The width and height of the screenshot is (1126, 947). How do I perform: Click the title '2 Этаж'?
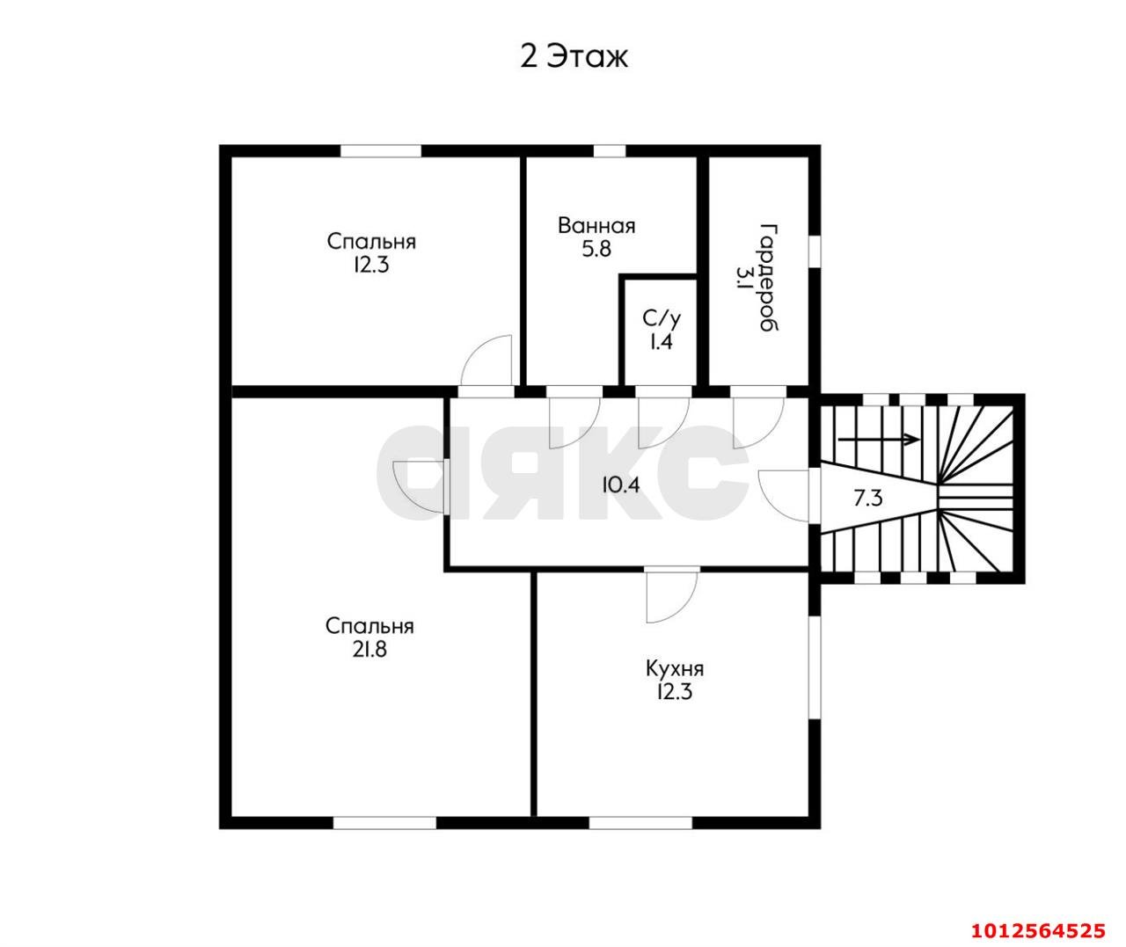[x=574, y=56]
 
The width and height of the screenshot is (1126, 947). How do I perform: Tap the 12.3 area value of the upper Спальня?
[x=371, y=266]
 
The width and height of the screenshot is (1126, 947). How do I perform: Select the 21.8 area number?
[x=370, y=650]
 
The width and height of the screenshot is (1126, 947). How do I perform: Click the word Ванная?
[x=596, y=226]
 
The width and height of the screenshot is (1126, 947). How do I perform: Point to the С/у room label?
[x=662, y=318]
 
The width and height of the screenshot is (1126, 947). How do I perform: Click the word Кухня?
[x=675, y=669]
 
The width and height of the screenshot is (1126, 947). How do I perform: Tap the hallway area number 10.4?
[x=621, y=485]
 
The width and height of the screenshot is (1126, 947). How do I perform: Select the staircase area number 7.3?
[x=868, y=499]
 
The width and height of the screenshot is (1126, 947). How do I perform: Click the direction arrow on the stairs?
[x=879, y=440]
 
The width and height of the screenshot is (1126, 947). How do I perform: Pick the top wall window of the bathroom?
[x=610, y=151]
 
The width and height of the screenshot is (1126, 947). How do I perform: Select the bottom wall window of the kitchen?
[x=640, y=823]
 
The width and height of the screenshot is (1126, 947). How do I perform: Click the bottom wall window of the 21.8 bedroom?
[x=384, y=823]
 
